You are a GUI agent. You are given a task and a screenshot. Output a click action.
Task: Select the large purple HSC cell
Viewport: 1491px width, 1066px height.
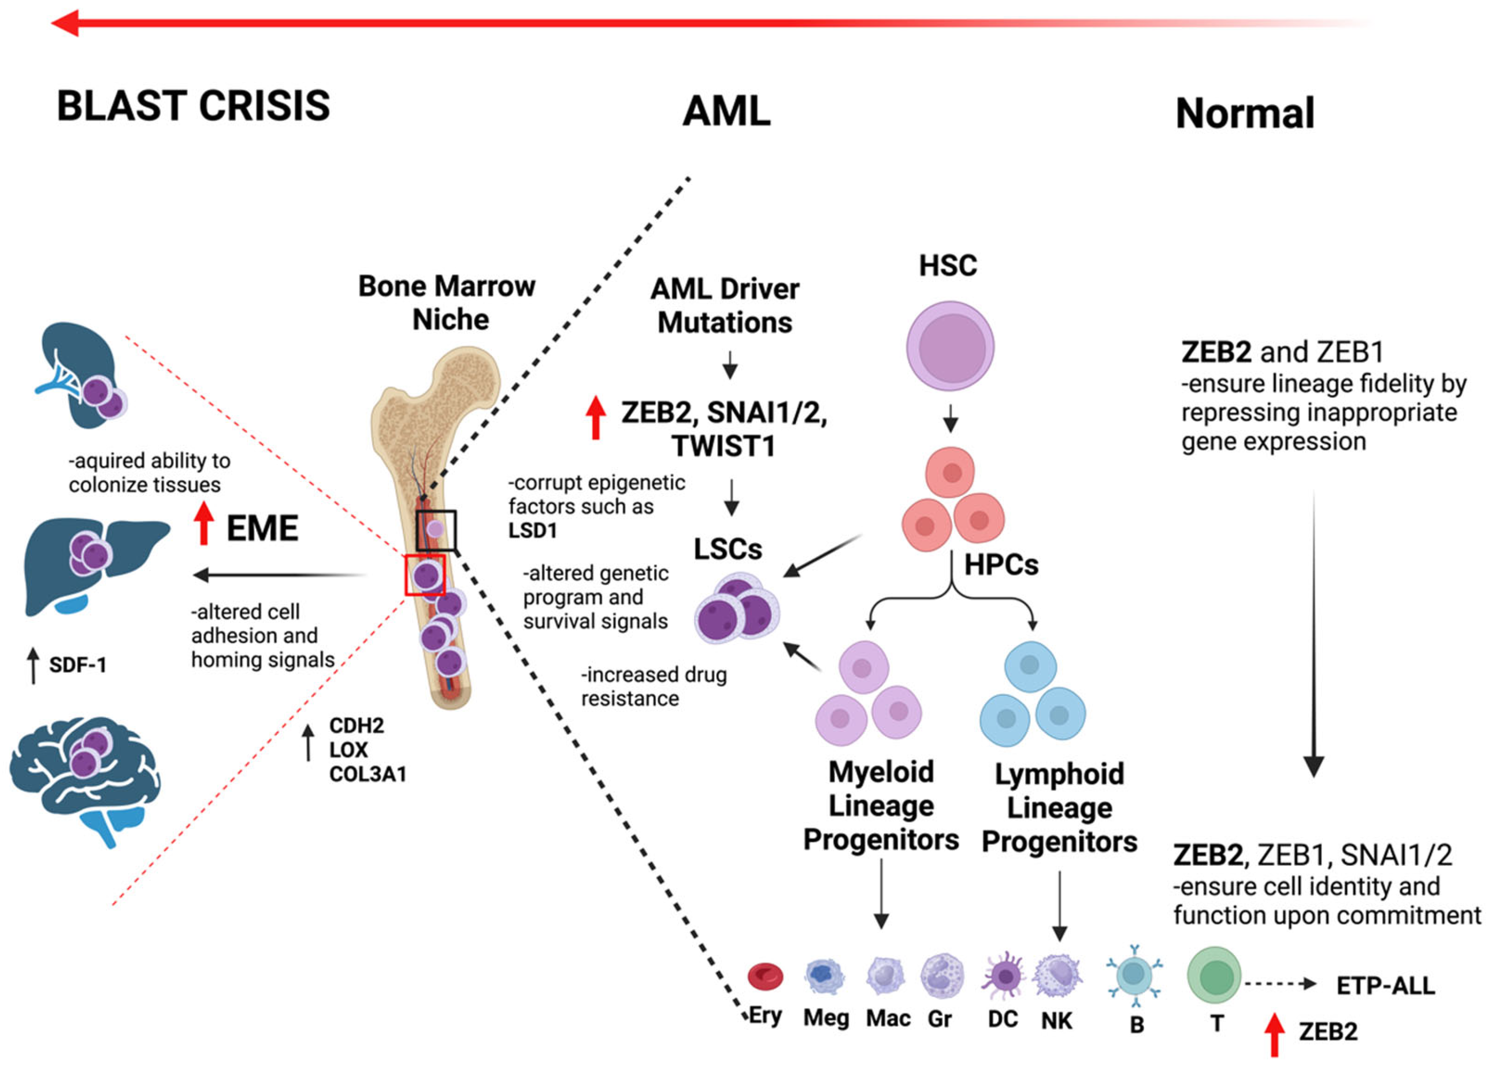pos(949,346)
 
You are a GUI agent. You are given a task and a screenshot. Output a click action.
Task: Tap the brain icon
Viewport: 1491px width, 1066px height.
pos(85,778)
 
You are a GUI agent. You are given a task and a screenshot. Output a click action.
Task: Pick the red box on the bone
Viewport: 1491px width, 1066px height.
pos(425,575)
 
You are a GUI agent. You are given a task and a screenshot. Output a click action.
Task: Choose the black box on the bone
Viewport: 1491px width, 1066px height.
pos(436,530)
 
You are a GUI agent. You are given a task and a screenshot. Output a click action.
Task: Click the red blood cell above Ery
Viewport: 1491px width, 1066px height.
pos(765,976)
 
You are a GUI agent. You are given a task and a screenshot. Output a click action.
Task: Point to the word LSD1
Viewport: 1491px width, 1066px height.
pos(532,530)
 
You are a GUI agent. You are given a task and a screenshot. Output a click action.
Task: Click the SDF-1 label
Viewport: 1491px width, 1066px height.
pos(77,665)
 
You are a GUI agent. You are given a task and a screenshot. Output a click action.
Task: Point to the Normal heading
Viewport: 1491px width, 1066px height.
pos(1245,113)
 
